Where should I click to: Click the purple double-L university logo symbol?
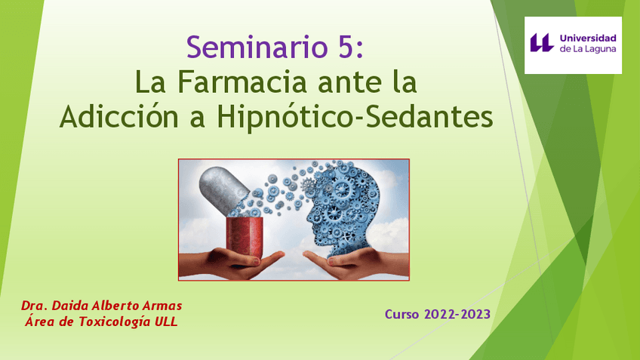point(542,42)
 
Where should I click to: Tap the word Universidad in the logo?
point(588,38)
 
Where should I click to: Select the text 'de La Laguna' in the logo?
point(587,49)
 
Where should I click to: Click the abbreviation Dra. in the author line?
point(35,306)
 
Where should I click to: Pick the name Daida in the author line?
point(72,306)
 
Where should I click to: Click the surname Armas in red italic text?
point(162,306)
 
